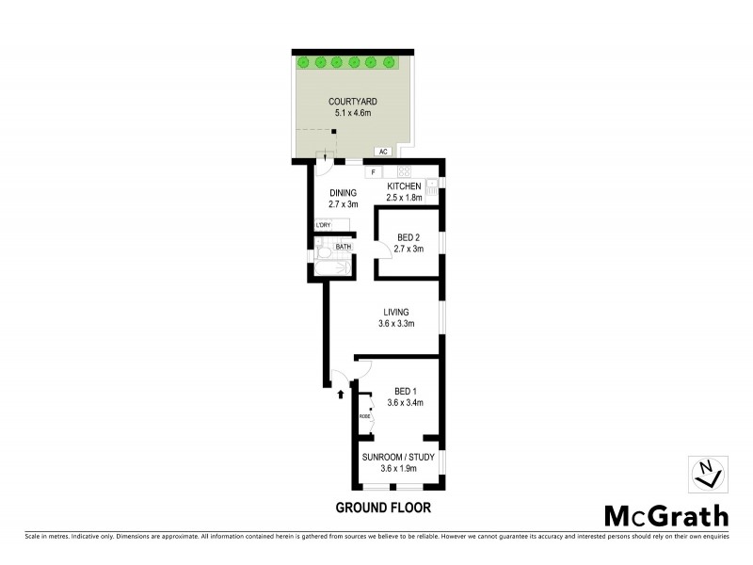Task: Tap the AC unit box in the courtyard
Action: click(383, 151)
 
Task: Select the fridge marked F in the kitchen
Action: click(373, 172)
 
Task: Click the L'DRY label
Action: click(324, 225)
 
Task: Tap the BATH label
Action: click(344, 247)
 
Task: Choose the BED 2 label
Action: click(409, 236)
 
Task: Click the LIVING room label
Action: click(396, 312)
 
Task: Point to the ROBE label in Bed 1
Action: click(364, 415)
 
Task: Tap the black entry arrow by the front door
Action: click(340, 395)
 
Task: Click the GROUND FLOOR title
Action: click(383, 508)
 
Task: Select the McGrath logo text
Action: click(665, 516)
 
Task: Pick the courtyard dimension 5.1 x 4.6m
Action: click(346, 113)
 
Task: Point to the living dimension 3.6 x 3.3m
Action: click(396, 324)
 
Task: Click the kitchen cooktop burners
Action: click(404, 172)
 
